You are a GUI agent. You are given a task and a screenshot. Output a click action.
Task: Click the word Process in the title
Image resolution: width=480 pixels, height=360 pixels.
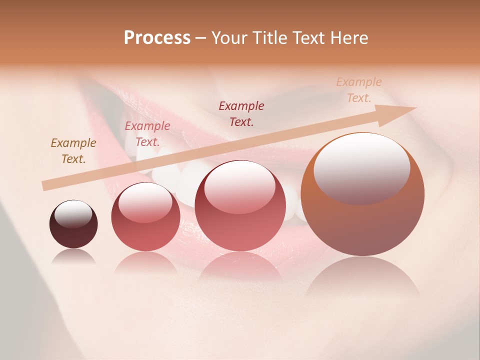tap(157, 38)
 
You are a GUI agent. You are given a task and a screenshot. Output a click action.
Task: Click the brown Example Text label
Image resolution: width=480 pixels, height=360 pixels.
tap(73, 151)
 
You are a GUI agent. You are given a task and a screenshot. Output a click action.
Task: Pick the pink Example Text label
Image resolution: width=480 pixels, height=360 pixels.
tap(147, 134)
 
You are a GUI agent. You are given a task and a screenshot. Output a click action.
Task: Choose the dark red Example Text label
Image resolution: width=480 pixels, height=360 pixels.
tap(241, 113)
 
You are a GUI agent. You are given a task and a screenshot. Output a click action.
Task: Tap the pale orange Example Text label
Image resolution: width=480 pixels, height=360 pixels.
tap(359, 90)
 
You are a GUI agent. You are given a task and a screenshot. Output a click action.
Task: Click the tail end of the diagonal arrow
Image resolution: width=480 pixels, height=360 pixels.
tap(45, 186)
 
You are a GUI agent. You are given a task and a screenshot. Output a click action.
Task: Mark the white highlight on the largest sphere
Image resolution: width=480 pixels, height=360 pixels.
tap(362, 167)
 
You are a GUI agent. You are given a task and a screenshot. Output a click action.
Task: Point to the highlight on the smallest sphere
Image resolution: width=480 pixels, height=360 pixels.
tap(73, 214)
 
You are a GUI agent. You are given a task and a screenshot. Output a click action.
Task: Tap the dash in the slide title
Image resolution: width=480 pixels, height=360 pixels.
tap(201, 38)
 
